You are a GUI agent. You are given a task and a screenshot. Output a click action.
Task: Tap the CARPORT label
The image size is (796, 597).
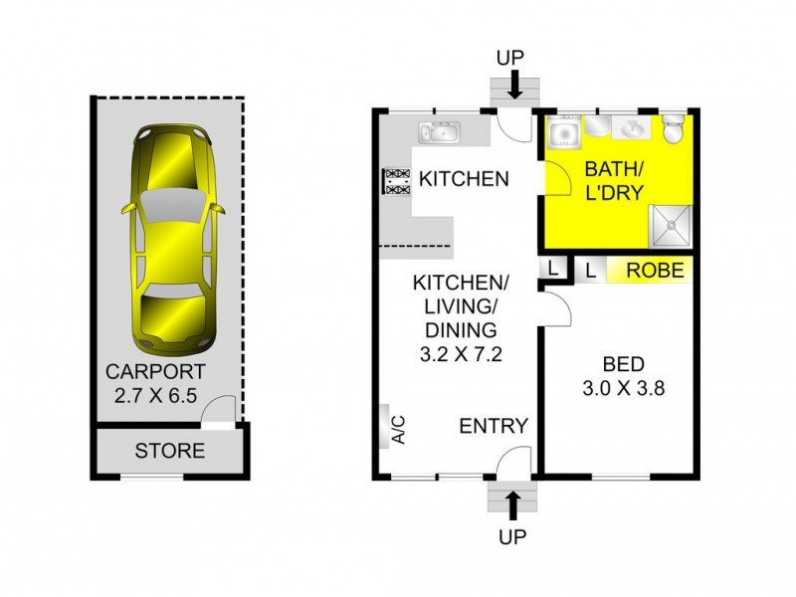(156, 373)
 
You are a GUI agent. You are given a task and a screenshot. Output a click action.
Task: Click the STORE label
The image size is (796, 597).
(170, 451)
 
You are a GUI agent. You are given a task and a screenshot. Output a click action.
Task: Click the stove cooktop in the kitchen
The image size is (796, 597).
(397, 181)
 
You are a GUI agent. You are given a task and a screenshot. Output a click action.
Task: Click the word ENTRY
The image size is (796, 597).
(494, 426)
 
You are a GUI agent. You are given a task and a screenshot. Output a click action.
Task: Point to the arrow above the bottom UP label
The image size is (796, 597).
(513, 505)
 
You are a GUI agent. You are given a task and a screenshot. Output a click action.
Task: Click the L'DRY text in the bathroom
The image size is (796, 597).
(614, 191)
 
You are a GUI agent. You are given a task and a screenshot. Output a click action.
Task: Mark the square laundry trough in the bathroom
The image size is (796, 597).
(564, 130)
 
